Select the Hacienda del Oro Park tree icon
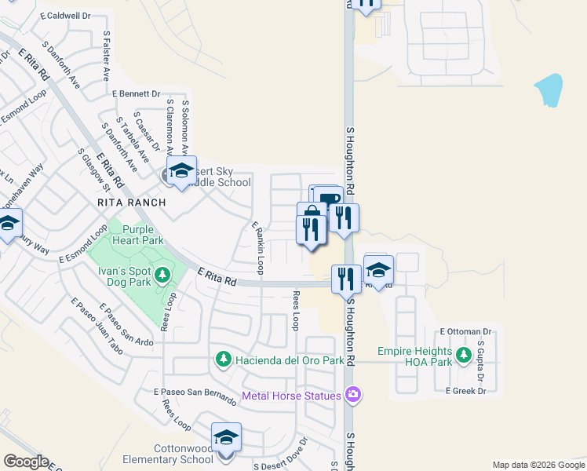tap(224, 360)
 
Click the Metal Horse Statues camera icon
tap(354, 394)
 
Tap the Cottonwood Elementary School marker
tap(226, 437)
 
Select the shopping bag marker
tap(312, 215)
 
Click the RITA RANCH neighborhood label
tap(132, 203)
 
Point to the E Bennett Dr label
tap(136, 93)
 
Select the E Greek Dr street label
tap(466, 390)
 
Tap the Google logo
tap(25, 462)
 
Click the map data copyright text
tap(538, 465)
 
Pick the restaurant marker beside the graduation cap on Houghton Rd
tap(346, 277)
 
